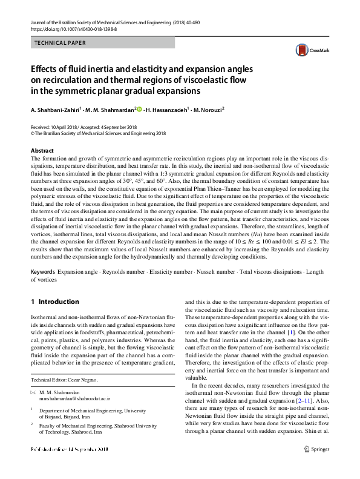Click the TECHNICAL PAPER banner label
click(x=61, y=43)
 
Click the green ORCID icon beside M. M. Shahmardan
click(x=139, y=110)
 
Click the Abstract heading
click(x=42, y=150)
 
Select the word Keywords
click(x=43, y=273)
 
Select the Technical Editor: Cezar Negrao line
click(x=64, y=380)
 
